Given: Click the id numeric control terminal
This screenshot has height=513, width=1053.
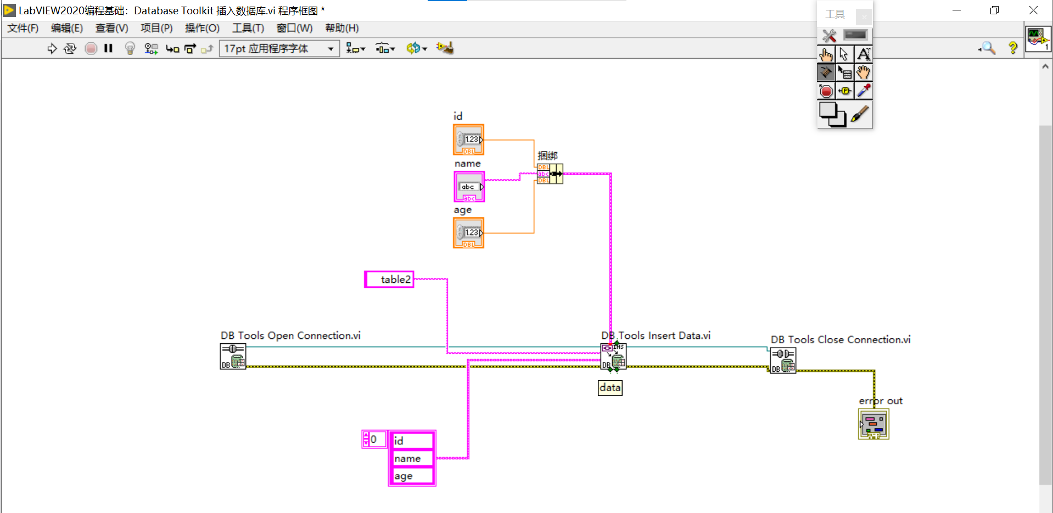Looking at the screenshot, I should pyautogui.click(x=468, y=140).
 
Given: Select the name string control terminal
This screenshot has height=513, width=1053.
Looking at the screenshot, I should pyautogui.click(x=469, y=187).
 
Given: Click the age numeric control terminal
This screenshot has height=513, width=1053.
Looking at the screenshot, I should pyautogui.click(x=468, y=233).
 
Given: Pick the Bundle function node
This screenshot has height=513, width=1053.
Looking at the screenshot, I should pyautogui.click(x=550, y=174).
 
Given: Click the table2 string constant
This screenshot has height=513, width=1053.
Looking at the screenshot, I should pyautogui.click(x=389, y=280).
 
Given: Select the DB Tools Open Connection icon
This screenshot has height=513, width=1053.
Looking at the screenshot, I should pyautogui.click(x=233, y=356).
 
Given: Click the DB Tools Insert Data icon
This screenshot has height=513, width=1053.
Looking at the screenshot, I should pyautogui.click(x=613, y=356).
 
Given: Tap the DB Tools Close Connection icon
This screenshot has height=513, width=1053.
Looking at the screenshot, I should pyautogui.click(x=783, y=361).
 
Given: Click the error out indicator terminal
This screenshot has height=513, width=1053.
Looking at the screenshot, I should pyautogui.click(x=873, y=425).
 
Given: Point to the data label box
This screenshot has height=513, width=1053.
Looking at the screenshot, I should pyautogui.click(x=610, y=388).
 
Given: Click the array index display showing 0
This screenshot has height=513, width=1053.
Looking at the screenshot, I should pyautogui.click(x=374, y=439).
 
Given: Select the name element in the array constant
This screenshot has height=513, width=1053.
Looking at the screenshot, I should pyautogui.click(x=412, y=459).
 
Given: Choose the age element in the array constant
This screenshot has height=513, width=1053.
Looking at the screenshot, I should pyautogui.click(x=412, y=476).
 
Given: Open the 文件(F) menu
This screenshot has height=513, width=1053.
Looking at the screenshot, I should pyautogui.click(x=23, y=28).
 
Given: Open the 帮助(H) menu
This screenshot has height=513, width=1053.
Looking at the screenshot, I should pyautogui.click(x=341, y=28).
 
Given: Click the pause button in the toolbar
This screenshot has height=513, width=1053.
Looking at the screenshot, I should pyautogui.click(x=108, y=48).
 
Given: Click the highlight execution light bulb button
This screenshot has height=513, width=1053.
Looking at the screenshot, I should pyautogui.click(x=130, y=48).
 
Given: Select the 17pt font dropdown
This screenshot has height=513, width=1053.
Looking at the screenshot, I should pyautogui.click(x=279, y=49).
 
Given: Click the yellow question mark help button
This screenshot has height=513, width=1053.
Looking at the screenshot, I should pyautogui.click(x=1012, y=48).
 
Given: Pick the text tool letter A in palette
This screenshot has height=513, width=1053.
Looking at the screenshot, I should pyautogui.click(x=863, y=54).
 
